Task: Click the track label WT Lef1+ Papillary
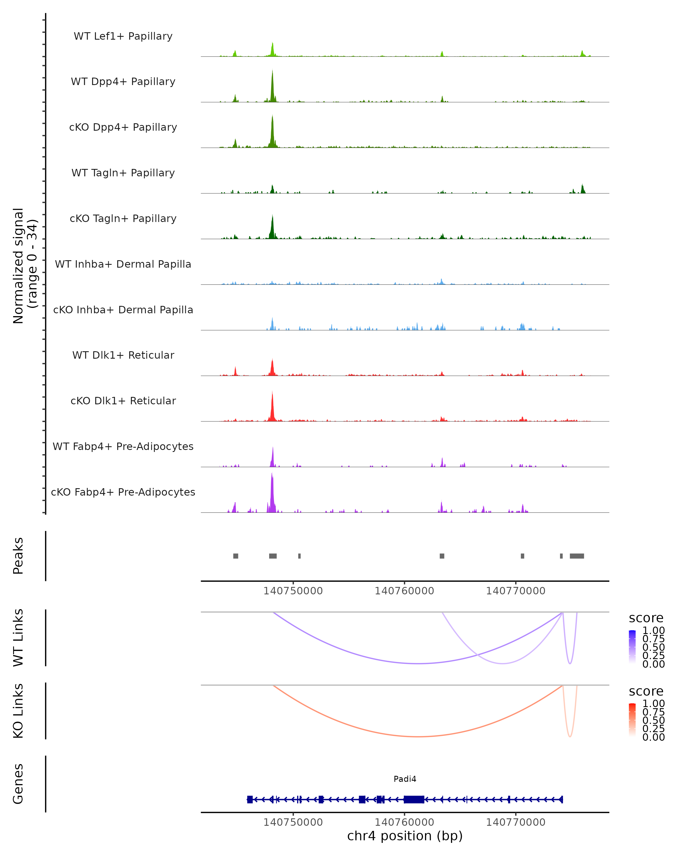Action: [x=123, y=36]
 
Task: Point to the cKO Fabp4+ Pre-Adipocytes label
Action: [x=123, y=492]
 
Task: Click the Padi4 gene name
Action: [x=405, y=779]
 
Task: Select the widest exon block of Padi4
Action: [x=414, y=799]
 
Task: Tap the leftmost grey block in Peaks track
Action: [x=235, y=556]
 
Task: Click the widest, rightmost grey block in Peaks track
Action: [x=577, y=556]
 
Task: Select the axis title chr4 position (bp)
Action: [x=405, y=836]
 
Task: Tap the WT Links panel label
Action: [x=18, y=638]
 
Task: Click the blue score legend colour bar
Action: [x=632, y=647]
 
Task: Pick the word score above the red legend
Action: [x=646, y=691]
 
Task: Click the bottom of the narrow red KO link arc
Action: [x=570, y=736]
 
